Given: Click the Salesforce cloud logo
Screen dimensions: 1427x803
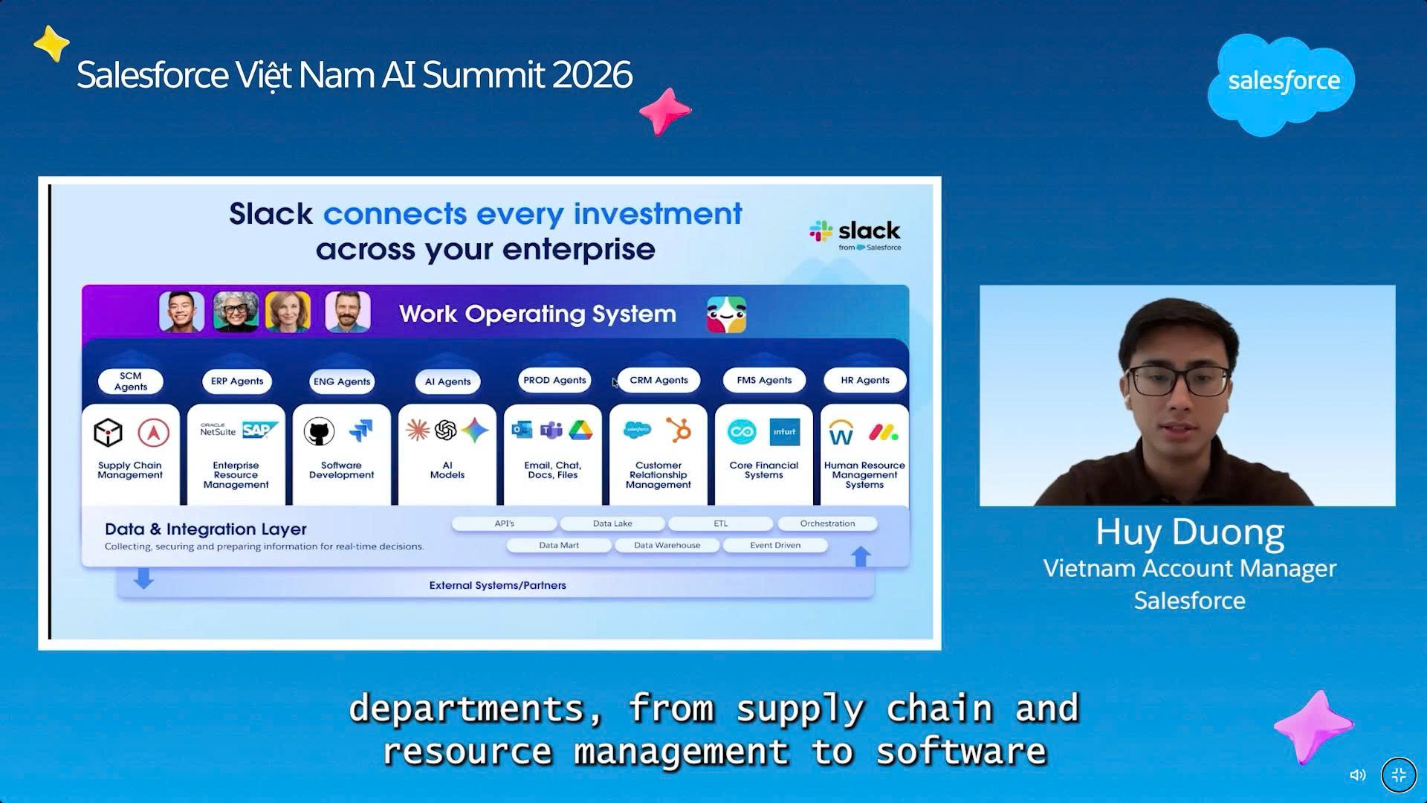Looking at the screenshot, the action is [x=1281, y=84].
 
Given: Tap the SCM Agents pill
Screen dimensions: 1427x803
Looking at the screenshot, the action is [x=131, y=381].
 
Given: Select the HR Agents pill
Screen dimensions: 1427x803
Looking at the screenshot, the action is [x=865, y=380].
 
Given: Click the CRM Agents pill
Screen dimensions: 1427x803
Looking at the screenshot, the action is [x=659, y=380].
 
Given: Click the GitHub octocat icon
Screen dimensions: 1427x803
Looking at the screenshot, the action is [x=319, y=431].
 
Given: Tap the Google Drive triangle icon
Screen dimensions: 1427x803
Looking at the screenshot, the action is [x=580, y=430].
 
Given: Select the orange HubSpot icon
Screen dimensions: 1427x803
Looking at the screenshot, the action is [x=678, y=430].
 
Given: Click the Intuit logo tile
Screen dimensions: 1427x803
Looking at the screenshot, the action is [x=785, y=431].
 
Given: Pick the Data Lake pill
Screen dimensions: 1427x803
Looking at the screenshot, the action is [x=612, y=523].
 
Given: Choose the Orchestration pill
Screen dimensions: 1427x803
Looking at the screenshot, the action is [x=827, y=523].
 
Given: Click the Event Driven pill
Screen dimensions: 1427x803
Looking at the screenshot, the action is [x=775, y=545].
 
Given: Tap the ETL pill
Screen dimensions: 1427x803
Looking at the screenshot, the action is [x=721, y=523].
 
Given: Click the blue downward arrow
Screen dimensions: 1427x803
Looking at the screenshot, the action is [x=143, y=578].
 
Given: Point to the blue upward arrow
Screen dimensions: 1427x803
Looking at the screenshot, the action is [x=861, y=556].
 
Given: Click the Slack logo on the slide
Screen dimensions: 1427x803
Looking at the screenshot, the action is [x=855, y=235].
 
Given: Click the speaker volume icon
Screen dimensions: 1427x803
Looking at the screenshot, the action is [x=1358, y=775].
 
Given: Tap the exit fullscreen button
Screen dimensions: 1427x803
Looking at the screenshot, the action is [x=1399, y=775].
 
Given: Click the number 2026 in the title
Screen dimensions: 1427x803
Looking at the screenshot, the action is [x=592, y=75].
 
